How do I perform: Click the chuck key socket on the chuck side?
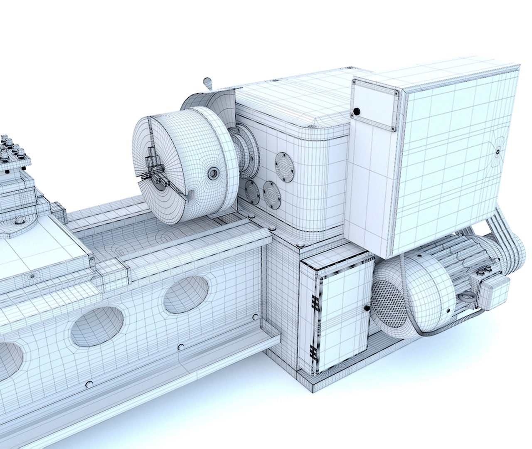click(213, 173)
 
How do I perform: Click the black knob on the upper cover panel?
click(356, 111)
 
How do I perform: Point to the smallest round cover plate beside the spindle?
click(252, 190)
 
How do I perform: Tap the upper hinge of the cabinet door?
click(315, 303)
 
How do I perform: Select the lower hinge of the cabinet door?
click(313, 353)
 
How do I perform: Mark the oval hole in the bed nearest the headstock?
click(185, 294)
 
